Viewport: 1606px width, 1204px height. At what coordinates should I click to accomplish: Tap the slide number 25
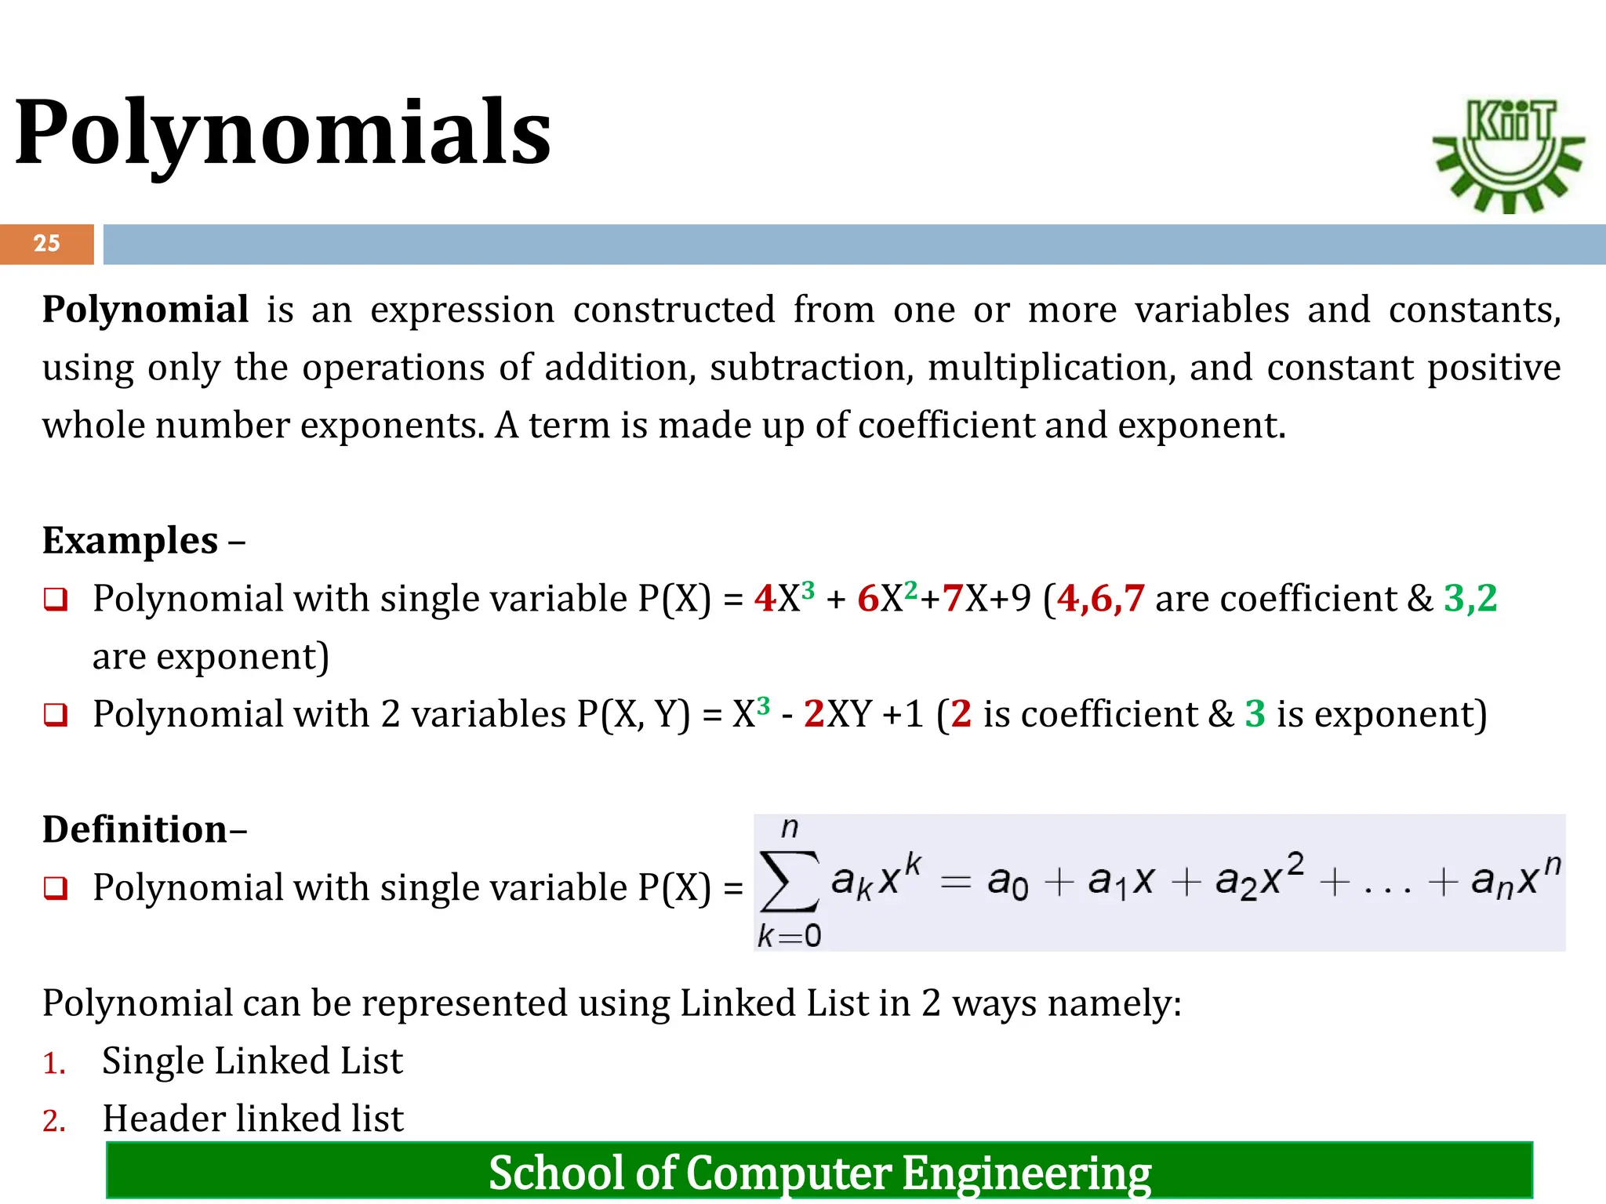46,243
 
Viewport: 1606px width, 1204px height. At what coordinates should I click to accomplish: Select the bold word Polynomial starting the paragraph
146,310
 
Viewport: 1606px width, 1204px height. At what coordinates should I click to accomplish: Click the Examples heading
130,541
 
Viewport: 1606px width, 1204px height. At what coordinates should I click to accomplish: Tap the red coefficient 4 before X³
765,599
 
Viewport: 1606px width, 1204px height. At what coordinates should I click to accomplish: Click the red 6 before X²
868,599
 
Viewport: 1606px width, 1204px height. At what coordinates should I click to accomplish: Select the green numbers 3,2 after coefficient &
1470,599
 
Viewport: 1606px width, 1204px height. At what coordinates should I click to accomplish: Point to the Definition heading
135,829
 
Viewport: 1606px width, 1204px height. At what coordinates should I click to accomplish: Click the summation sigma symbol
790,882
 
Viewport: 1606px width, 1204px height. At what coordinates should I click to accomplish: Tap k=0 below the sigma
789,936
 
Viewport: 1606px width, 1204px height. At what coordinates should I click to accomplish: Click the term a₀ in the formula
1008,882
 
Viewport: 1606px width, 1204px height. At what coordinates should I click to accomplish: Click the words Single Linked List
253,1061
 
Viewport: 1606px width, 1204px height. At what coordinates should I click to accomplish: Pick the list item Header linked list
253,1119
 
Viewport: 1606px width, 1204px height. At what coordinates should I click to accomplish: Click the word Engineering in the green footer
1026,1173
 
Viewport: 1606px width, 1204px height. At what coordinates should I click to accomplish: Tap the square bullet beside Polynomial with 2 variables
56,715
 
